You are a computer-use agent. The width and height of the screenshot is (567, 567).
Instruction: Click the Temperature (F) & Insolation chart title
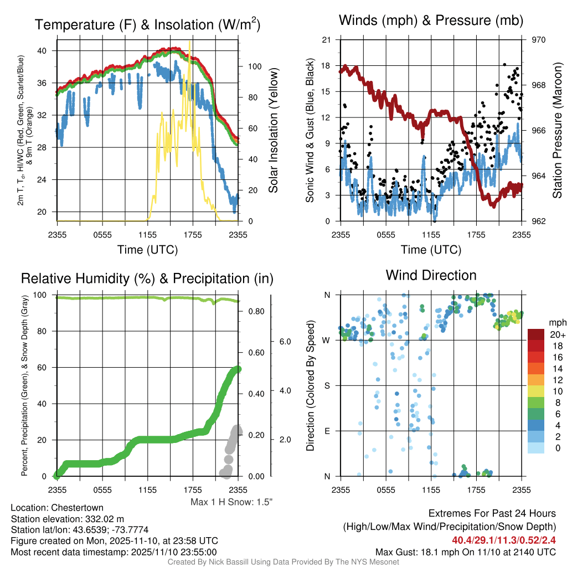click(x=147, y=24)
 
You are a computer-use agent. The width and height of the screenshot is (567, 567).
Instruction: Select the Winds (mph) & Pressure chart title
click(x=431, y=20)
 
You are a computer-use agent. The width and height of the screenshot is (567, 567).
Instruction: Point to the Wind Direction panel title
click(x=431, y=275)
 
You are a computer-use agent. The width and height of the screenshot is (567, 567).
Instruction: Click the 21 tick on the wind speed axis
click(x=326, y=40)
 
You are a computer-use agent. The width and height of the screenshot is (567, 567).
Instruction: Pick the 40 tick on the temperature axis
click(x=42, y=50)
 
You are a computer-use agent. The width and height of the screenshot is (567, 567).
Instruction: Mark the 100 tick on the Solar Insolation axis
click(x=254, y=66)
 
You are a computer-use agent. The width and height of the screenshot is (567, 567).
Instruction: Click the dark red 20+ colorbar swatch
click(x=537, y=334)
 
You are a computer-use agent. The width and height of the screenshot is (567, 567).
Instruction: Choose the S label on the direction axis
click(x=327, y=385)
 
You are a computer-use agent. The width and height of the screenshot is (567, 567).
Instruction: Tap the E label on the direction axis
click(x=327, y=431)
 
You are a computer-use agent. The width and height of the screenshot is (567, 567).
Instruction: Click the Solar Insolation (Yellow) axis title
click(x=273, y=131)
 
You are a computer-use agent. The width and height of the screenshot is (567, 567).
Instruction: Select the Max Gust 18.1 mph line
click(x=465, y=551)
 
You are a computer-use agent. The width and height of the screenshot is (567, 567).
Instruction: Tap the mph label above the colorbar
click(x=556, y=322)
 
